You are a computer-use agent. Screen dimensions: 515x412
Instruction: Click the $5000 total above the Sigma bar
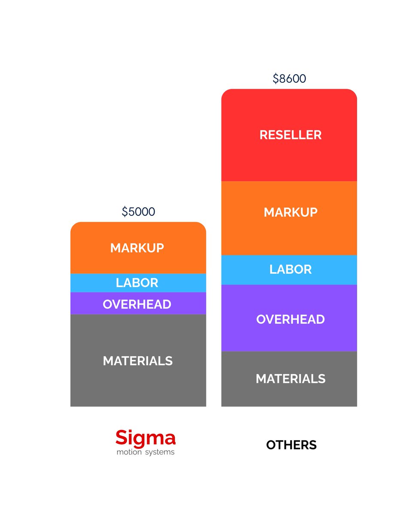pyautogui.click(x=138, y=212)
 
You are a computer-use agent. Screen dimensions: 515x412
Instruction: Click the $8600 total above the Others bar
pyautogui.click(x=289, y=79)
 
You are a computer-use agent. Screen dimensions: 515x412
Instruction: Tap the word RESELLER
pyautogui.click(x=291, y=135)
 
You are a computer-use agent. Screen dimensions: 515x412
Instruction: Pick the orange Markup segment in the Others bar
pyautogui.click(x=289, y=232)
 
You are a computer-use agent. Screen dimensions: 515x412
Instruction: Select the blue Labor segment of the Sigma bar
pyautogui.click(x=86, y=283)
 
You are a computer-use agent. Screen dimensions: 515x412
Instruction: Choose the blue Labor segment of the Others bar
pyautogui.click(x=240, y=270)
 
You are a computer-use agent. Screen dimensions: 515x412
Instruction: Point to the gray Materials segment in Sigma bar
pyautogui.click(x=138, y=382)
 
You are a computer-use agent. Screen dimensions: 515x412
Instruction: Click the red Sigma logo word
pyautogui.click(x=145, y=438)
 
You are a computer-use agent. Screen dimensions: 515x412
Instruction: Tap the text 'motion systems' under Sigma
pyautogui.click(x=145, y=452)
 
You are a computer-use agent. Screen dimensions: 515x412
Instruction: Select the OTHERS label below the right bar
pyautogui.click(x=291, y=445)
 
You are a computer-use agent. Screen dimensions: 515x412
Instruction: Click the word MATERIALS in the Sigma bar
pyautogui.click(x=138, y=361)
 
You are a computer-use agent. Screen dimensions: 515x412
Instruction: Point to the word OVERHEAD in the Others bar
pyautogui.click(x=291, y=319)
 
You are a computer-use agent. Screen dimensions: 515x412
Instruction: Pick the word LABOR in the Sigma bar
pyautogui.click(x=137, y=283)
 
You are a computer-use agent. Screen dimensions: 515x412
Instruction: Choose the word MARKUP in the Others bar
pyautogui.click(x=291, y=212)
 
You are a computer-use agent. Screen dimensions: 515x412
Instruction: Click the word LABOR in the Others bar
pyautogui.click(x=291, y=270)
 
